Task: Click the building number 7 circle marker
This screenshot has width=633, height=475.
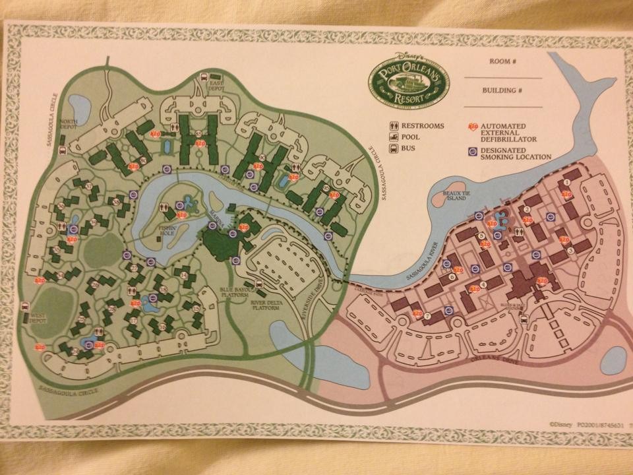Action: [x=427, y=316]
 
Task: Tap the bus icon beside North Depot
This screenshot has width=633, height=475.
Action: [x=61, y=149]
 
